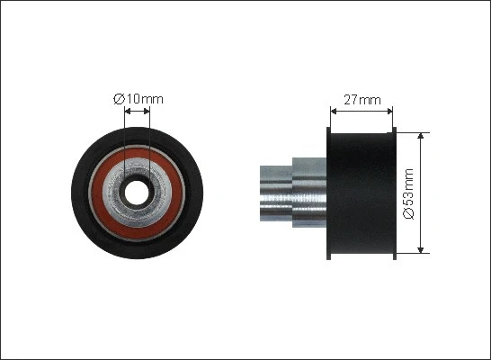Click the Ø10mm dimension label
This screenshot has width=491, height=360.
tap(138, 99)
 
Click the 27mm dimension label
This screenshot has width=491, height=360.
tap(362, 100)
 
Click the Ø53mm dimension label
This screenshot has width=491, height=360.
tap(408, 193)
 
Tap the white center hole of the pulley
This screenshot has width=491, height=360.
tap(137, 193)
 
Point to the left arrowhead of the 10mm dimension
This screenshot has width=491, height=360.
tap(128, 112)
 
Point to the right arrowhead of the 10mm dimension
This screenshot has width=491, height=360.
tap(147, 112)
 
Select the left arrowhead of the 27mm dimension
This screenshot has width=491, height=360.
tap(334, 112)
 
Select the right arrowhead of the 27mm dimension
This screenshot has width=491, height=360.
tap(389, 112)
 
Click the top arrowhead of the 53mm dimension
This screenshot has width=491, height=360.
tap(421, 136)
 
